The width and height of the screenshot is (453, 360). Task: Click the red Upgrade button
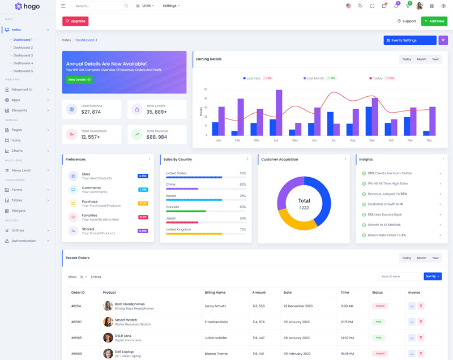75,21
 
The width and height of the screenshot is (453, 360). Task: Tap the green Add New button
434,21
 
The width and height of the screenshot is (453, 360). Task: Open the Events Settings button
409,40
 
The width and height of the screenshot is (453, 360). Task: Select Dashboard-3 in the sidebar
23,55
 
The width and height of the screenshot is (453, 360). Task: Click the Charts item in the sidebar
17,151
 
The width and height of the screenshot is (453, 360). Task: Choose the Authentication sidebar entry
24,241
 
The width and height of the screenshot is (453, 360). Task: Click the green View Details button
79,80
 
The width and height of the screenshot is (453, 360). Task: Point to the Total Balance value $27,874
91,112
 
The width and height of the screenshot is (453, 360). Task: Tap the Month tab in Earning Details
421,59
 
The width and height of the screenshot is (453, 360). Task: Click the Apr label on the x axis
276,140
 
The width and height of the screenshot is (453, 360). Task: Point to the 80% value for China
242,185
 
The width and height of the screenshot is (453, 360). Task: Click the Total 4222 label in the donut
304,204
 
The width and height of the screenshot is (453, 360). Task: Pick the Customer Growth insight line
385,204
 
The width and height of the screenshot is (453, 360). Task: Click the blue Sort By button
432,276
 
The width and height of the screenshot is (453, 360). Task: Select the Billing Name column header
215,292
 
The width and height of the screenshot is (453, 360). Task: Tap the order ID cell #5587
76,322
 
